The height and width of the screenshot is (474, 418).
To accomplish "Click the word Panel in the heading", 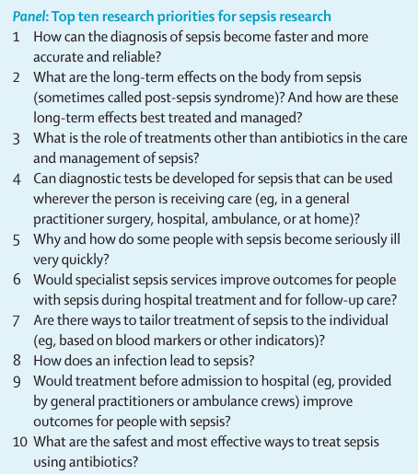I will coord(30,17).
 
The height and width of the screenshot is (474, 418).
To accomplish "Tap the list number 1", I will coord(16,38).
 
